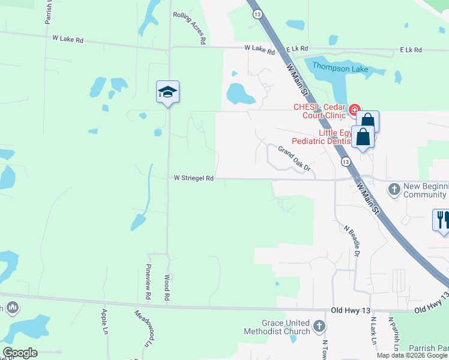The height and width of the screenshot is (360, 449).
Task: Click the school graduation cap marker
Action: (x=168, y=92)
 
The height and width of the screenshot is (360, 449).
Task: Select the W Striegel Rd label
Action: (x=194, y=178)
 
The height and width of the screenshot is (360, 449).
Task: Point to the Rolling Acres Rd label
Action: (x=190, y=28)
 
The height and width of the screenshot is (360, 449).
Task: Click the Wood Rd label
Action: (x=167, y=288)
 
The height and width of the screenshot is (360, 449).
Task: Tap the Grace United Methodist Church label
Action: (x=277, y=327)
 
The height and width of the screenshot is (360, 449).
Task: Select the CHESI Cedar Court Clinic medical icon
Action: (x=355, y=110)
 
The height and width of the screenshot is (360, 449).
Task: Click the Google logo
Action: (x=20, y=353)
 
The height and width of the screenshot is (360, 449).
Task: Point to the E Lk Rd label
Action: (x=411, y=50)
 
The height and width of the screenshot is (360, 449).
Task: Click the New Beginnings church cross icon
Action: (x=394, y=190)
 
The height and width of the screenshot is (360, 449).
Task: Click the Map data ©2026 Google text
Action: (x=412, y=355)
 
